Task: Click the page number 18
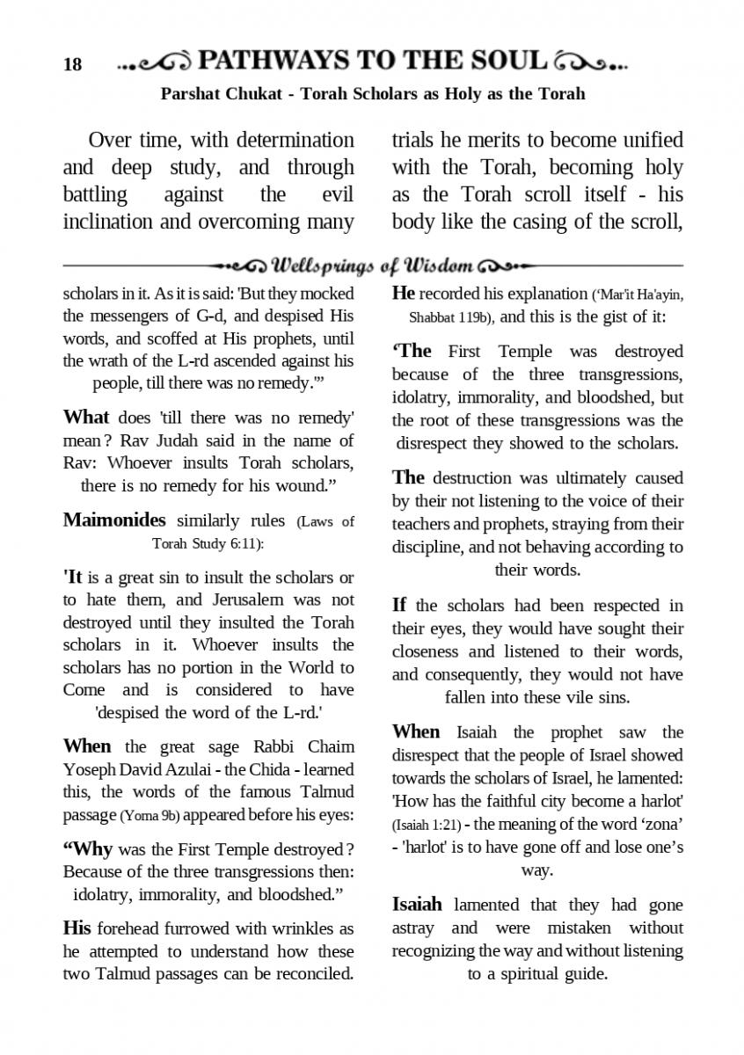tap(72, 64)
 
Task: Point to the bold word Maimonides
tap(114, 520)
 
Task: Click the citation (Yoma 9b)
tap(150, 815)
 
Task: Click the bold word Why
tap(88, 850)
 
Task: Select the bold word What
tap(86, 417)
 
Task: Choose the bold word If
tap(399, 605)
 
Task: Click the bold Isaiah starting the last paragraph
tap(418, 905)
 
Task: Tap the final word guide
tap(581, 974)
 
